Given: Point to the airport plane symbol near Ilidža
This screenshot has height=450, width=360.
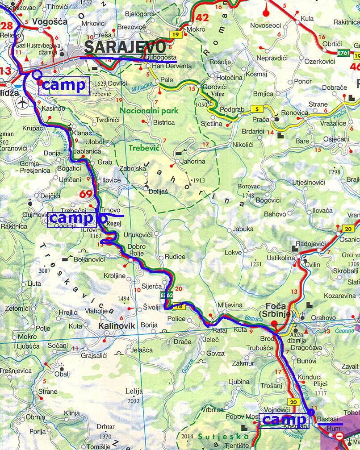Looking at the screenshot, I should coord(21,103).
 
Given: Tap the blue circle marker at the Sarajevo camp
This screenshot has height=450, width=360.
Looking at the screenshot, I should coord(37,74).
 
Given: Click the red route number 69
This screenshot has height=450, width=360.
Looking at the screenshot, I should coord(86,194).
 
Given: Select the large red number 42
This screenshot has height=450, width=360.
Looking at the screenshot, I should coord(202,18).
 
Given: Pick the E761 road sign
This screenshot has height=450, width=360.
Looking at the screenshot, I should coord(343,53).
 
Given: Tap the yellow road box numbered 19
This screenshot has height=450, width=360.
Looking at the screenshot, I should coord(174,34).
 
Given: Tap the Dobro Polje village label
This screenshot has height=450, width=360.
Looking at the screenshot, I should coord(137,250).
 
